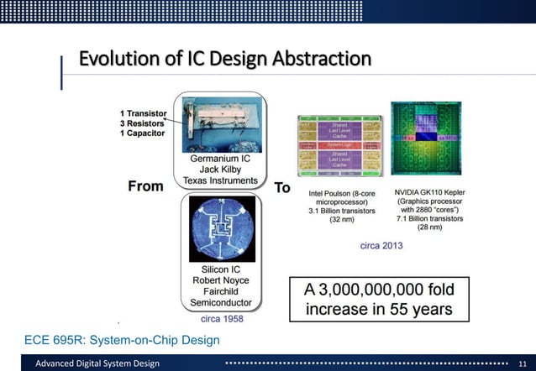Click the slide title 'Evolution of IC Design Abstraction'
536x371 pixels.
pos(224,59)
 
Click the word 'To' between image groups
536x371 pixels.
pos(283,186)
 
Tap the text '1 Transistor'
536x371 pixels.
pos(143,112)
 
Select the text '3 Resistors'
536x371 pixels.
pos(141,123)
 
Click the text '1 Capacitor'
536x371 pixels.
pos(141,133)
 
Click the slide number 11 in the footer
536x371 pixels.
pos(522,363)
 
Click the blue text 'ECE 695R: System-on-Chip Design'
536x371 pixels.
pos(123,339)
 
